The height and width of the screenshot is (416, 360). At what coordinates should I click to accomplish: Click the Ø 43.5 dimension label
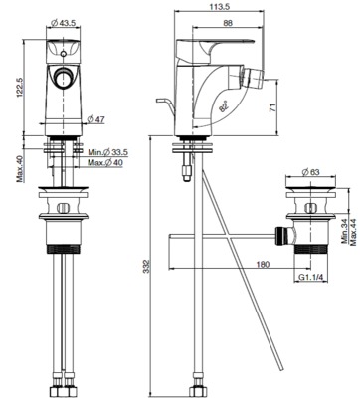(64, 23)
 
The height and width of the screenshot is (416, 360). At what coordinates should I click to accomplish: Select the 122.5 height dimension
(19, 88)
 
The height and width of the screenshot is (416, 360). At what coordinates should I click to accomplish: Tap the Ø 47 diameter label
(95, 119)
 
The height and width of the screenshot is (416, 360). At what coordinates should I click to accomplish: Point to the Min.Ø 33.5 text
(107, 152)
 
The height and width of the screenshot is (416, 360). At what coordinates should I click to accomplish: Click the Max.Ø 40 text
(105, 163)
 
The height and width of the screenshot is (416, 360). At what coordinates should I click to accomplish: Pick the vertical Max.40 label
(21, 169)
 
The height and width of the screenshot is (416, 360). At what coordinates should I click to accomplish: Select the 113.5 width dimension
(220, 6)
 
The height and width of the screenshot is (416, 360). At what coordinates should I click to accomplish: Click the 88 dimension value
(228, 23)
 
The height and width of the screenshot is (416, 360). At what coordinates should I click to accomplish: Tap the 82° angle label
(224, 106)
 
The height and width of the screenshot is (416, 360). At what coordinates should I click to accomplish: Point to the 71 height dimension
(272, 108)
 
